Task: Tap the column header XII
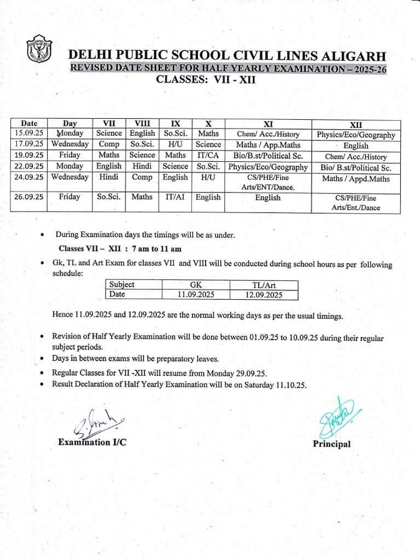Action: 355,125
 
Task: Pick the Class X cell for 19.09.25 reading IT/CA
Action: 208,155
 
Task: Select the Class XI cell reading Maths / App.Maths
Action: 268,145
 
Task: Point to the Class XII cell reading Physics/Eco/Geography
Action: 355,135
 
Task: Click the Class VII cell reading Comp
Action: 109,144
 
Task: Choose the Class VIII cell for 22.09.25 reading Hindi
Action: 142,166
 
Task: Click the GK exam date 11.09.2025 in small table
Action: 196,295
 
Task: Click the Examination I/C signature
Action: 98,423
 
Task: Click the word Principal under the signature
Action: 331,444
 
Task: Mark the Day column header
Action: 69,124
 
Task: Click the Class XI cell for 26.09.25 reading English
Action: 268,197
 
